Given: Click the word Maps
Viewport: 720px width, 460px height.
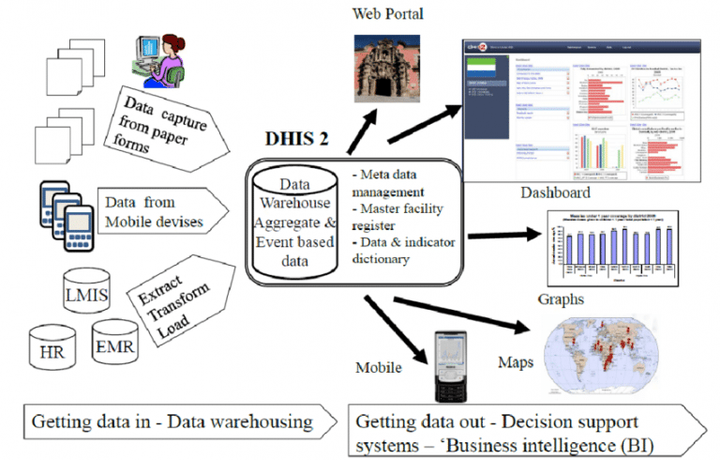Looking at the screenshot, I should pyautogui.click(x=517, y=360).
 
